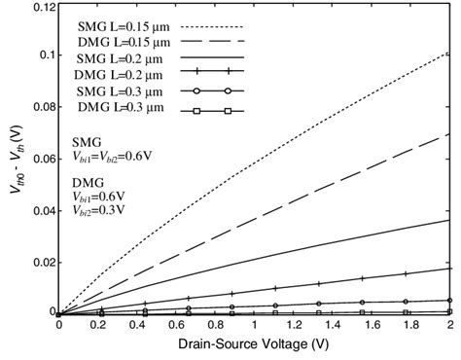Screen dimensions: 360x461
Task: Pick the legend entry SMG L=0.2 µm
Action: (116, 61)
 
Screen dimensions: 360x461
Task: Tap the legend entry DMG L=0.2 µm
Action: (116, 78)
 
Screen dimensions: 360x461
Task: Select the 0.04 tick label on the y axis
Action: (37, 212)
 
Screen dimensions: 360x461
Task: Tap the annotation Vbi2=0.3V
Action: (100, 209)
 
